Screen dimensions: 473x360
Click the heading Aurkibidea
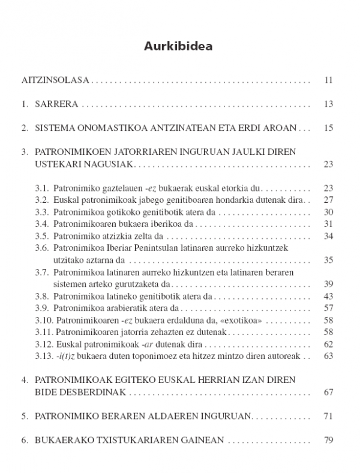[x=180, y=46]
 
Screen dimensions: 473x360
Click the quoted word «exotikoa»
[x=244, y=321]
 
